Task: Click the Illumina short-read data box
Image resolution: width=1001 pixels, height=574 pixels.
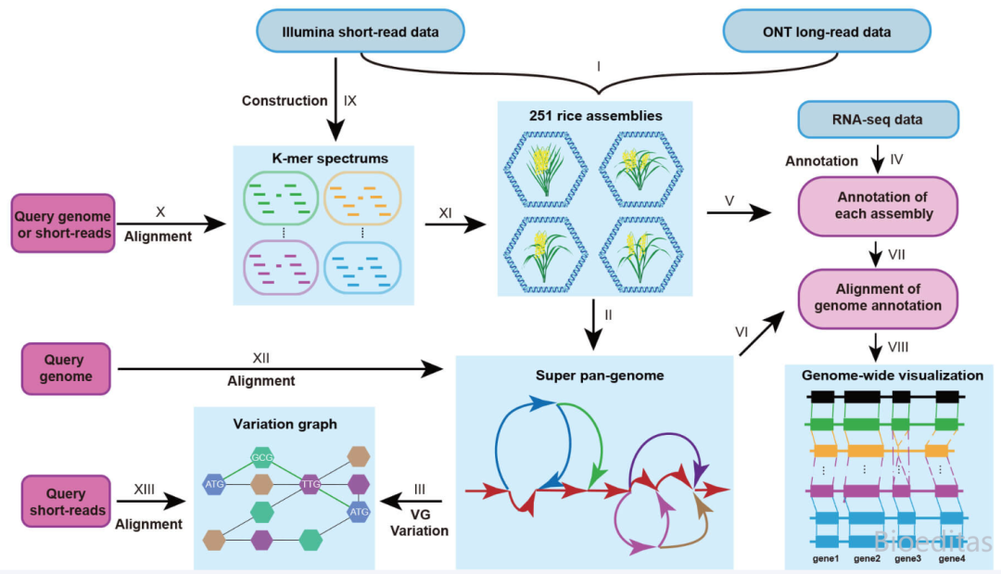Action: click(360, 31)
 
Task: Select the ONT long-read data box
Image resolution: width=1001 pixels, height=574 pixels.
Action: click(827, 31)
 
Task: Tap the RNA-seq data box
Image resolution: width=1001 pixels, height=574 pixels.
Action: click(878, 120)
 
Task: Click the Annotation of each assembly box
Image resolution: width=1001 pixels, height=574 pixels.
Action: click(878, 206)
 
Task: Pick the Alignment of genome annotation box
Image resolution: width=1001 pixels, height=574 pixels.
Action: click(878, 299)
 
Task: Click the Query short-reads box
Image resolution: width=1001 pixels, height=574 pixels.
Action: click(67, 502)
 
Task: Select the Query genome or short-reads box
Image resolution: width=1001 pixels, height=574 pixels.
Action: click(63, 223)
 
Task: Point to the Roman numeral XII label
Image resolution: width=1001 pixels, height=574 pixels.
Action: click(260, 358)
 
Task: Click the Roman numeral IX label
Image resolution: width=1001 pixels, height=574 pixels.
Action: click(349, 101)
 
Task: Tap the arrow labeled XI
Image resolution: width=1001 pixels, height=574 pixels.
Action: click(455, 224)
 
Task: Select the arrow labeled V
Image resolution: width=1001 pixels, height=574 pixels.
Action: click(740, 212)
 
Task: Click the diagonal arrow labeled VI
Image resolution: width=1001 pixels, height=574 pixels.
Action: click(762, 333)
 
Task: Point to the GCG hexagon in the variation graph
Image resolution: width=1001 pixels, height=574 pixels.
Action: click(261, 457)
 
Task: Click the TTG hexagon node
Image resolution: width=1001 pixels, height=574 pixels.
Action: click(310, 484)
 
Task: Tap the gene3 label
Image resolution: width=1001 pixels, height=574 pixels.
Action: click(907, 558)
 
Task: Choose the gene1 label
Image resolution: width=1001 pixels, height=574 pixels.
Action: click(826, 558)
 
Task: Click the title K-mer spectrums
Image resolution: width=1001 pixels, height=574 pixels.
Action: click(330, 159)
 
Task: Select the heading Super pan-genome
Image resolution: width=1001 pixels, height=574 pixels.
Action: click(600, 376)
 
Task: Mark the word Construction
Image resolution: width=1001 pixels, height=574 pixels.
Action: click(285, 101)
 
